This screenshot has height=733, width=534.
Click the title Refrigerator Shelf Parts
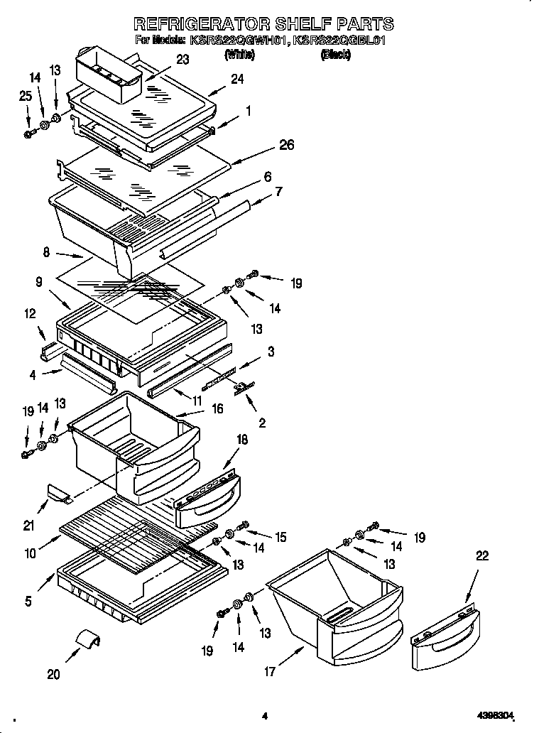pyautogui.click(x=264, y=25)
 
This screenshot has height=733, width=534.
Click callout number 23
pyautogui.click(x=182, y=60)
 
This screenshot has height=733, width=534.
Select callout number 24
pyautogui.click(x=236, y=80)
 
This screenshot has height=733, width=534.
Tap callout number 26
pyautogui.click(x=285, y=145)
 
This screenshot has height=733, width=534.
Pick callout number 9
pyautogui.click(x=40, y=281)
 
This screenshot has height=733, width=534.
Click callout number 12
pyautogui.click(x=30, y=313)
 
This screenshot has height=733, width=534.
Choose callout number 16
pyautogui.click(x=217, y=409)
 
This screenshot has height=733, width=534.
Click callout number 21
pyautogui.click(x=29, y=526)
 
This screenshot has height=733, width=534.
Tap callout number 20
pyautogui.click(x=54, y=674)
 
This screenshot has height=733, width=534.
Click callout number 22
pyautogui.click(x=481, y=557)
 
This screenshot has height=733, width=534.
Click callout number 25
pyautogui.click(x=26, y=96)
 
